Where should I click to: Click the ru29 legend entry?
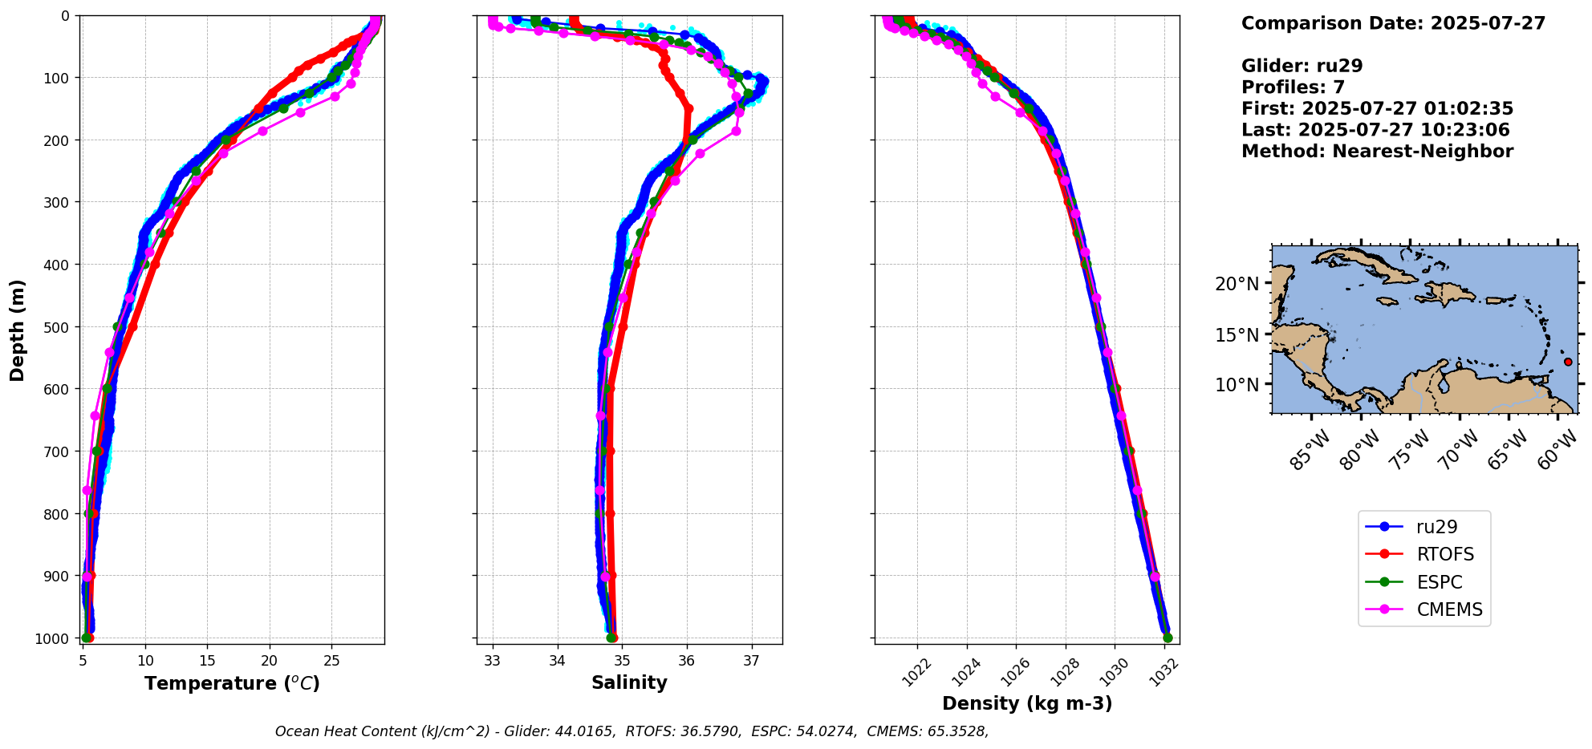pyautogui.click(x=1436, y=527)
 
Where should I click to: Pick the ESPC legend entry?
pyautogui.click(x=1439, y=582)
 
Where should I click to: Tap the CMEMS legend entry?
pyautogui.click(x=1449, y=609)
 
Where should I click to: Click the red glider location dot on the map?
pyautogui.click(x=1568, y=362)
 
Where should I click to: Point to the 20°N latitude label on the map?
pyautogui.click(x=1237, y=284)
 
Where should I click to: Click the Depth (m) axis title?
pyautogui.click(x=18, y=330)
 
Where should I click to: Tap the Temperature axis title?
pyautogui.click(x=232, y=683)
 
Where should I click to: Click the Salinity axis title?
pyautogui.click(x=629, y=682)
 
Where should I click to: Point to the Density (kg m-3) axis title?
pyautogui.click(x=1027, y=703)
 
